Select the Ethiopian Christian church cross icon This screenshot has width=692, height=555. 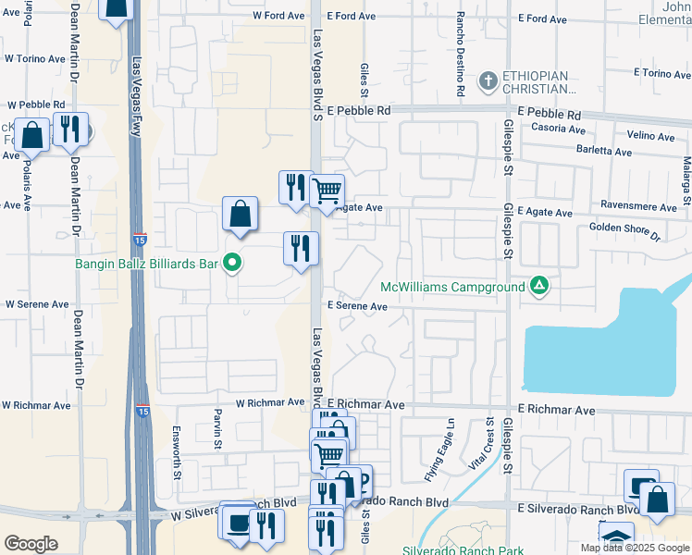pos(488,80)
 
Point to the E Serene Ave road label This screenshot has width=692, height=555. pos(356,306)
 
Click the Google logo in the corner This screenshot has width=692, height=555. pos(31,544)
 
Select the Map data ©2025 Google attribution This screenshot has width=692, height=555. pos(634,548)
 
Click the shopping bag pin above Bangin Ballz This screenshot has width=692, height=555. pos(240,215)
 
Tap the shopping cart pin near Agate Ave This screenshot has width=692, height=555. pos(327,191)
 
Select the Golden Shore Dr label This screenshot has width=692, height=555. pos(624,230)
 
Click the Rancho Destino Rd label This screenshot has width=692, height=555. pos(459,55)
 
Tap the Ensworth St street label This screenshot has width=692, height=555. pos(177,452)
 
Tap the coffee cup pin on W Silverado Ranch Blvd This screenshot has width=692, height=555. pos(237,521)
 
